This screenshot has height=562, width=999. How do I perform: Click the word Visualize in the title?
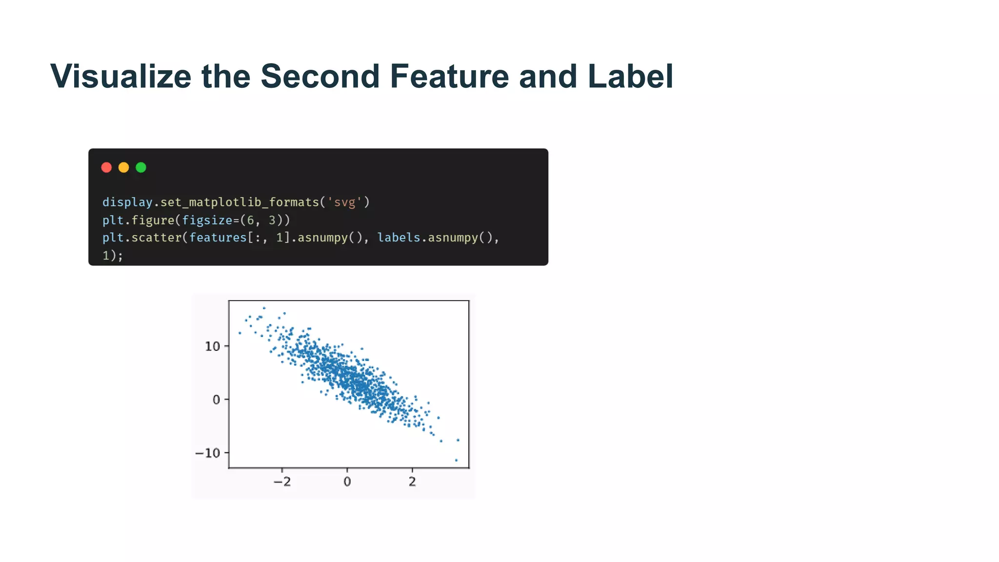coord(120,77)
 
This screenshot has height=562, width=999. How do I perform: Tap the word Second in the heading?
coord(320,77)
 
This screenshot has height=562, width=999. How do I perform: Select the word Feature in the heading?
coord(449,77)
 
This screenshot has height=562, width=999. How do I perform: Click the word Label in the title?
coord(630,77)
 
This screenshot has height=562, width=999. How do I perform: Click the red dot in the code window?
coord(106,168)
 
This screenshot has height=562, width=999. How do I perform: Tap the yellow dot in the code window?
coord(124,168)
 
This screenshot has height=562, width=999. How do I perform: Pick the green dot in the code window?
coord(141,168)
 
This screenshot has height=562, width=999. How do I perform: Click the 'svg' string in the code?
coord(344,202)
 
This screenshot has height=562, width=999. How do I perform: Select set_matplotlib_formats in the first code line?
coord(239,202)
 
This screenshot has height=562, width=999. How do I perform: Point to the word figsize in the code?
coord(207,221)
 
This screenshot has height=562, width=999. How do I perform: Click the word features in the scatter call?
coord(218,238)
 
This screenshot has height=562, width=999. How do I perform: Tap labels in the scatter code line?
coord(399,238)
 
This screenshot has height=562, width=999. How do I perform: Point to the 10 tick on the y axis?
coord(213,346)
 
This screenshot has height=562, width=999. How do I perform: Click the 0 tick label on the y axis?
coord(217,400)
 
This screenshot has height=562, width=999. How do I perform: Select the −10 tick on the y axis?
coord(208,453)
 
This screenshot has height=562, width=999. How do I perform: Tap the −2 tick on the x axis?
coord(282,482)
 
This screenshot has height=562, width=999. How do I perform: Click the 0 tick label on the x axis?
coord(347,482)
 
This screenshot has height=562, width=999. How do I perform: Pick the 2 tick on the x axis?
coord(412,482)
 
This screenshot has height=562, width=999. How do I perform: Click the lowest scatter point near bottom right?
coord(457,460)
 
